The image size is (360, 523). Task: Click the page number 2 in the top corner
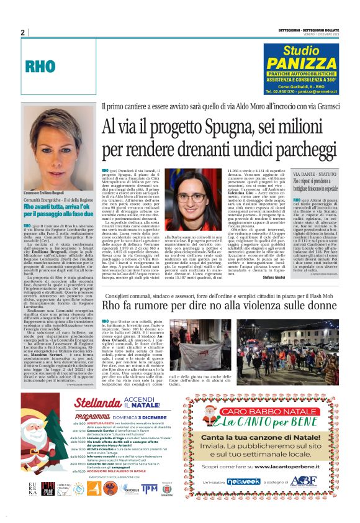(22, 32)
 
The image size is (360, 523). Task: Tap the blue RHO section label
(41, 66)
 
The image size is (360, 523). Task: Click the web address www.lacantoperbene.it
(279, 466)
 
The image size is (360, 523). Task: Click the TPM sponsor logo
(150, 488)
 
